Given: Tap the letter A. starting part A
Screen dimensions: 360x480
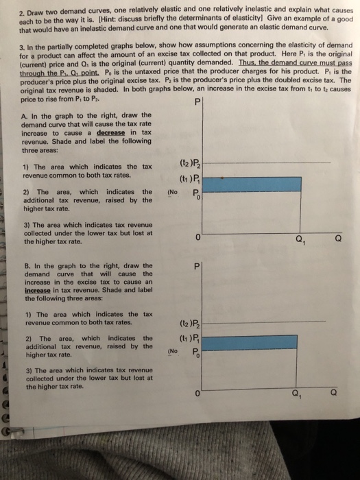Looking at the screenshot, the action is pos(25,115).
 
